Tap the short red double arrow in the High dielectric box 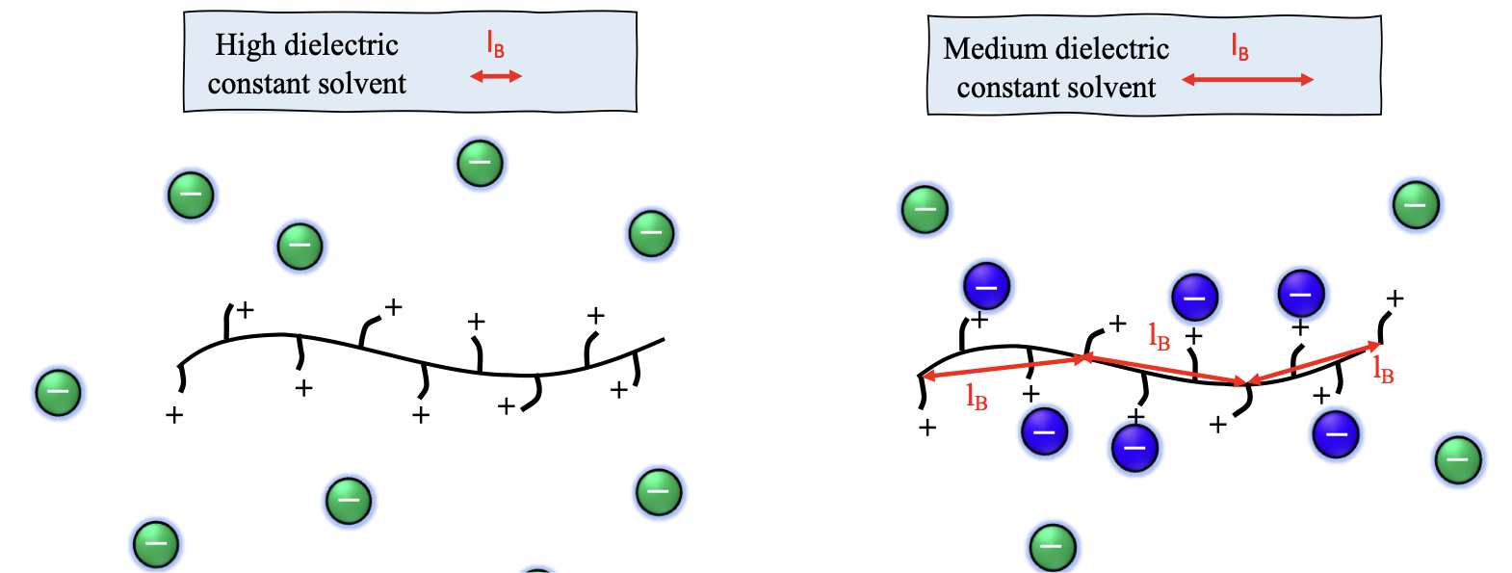[x=496, y=76]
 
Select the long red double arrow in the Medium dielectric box [x=1247, y=80]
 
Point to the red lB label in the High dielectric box [x=495, y=44]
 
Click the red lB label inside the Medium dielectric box [x=1240, y=47]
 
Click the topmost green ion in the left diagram [x=480, y=163]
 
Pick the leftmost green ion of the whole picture [x=58, y=393]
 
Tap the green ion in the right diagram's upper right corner [x=1416, y=205]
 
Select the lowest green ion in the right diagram [x=1053, y=546]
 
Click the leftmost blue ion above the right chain [x=986, y=286]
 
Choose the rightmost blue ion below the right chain [x=1336, y=434]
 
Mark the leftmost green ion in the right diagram [x=925, y=209]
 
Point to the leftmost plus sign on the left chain [x=174, y=416]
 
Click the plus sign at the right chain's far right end [x=1395, y=299]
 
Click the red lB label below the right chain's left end [x=977, y=397]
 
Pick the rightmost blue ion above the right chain [x=1300, y=294]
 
